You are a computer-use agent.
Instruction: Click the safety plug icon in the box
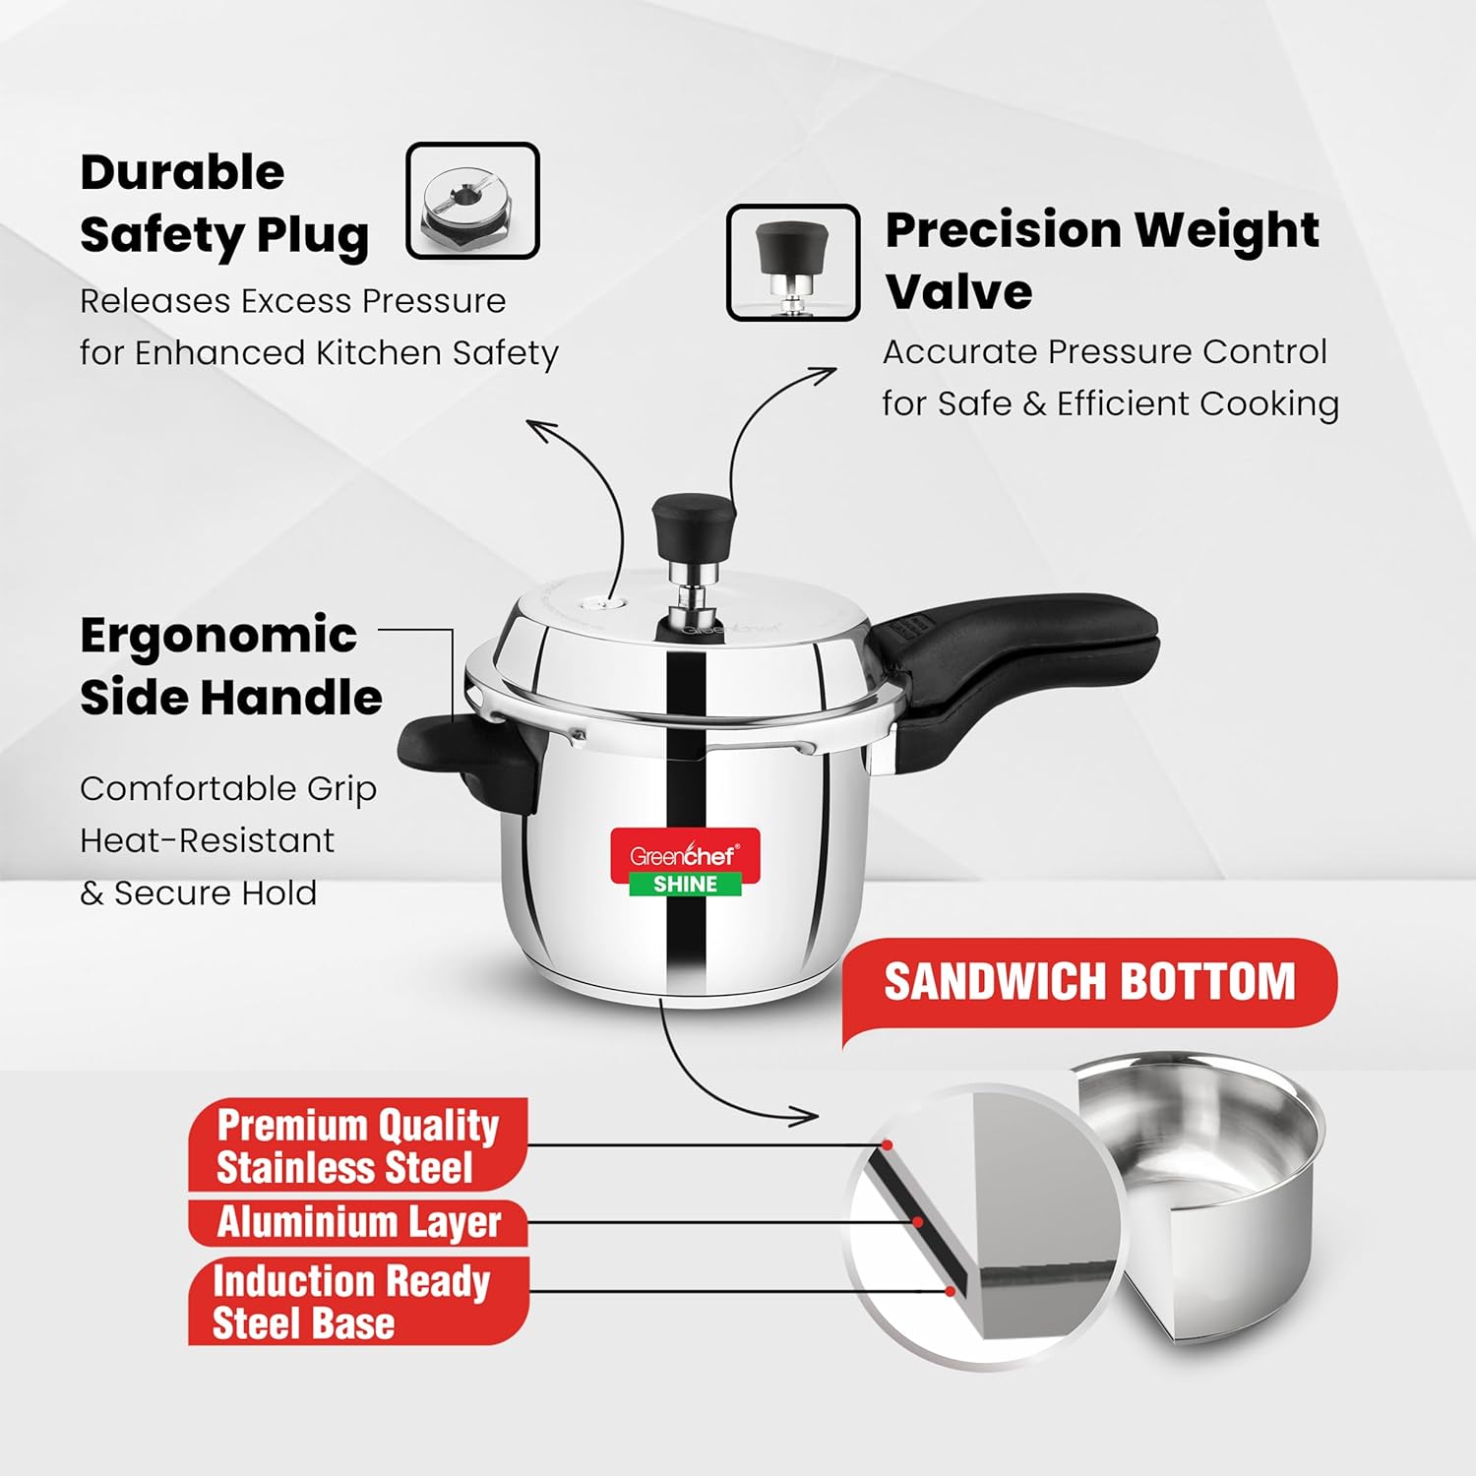pyautogui.click(x=472, y=201)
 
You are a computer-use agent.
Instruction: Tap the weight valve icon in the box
pyautogui.click(x=793, y=263)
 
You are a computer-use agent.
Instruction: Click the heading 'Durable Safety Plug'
pyautogui.click(x=224, y=204)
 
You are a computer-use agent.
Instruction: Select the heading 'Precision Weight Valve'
pyautogui.click(x=1102, y=260)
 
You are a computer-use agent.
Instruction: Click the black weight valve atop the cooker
pyautogui.click(x=694, y=526)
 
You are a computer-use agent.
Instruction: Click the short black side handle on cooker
pyautogui.click(x=462, y=758)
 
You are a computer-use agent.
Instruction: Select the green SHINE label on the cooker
pyautogui.click(x=686, y=884)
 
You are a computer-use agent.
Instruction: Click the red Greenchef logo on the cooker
pyautogui.click(x=685, y=851)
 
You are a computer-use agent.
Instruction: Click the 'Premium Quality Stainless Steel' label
pyautogui.click(x=358, y=1145)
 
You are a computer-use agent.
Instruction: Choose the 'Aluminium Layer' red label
pyautogui.click(x=358, y=1223)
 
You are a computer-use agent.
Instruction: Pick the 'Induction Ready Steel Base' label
pyautogui.click(x=358, y=1301)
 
